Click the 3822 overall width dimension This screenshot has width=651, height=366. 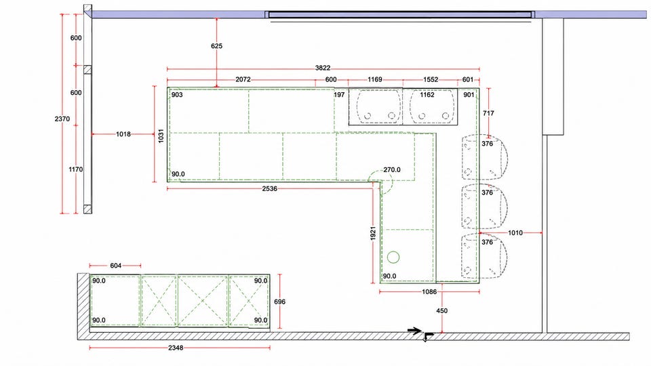(x=323, y=68)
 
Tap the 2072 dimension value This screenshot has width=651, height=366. (x=243, y=79)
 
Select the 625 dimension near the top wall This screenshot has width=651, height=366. (x=217, y=46)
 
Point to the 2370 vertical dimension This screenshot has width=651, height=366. (x=62, y=119)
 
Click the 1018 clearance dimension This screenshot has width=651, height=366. (x=123, y=134)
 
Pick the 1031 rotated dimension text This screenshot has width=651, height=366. (x=161, y=136)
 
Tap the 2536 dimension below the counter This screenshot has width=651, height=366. (x=269, y=188)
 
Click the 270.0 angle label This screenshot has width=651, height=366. (x=392, y=169)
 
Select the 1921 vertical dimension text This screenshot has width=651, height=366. (x=373, y=233)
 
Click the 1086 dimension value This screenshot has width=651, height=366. (x=429, y=291)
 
